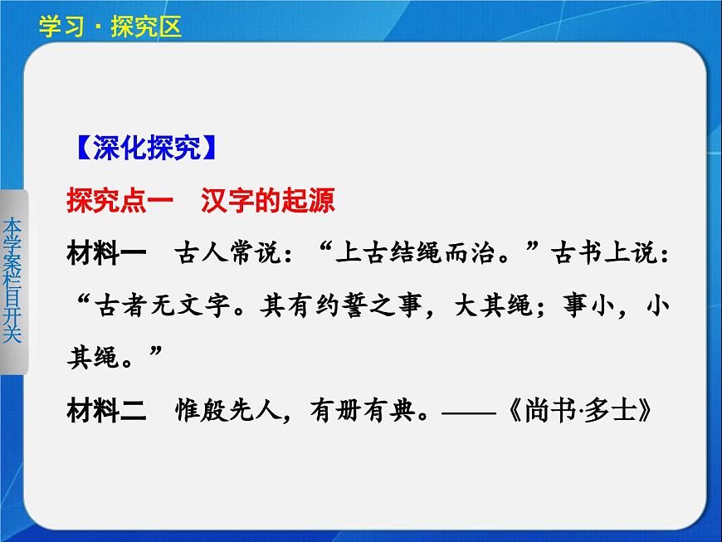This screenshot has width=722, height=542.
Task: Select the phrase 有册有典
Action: point(352,410)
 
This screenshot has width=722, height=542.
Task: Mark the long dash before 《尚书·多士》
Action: point(466,410)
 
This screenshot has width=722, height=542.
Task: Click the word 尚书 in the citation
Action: point(548,410)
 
